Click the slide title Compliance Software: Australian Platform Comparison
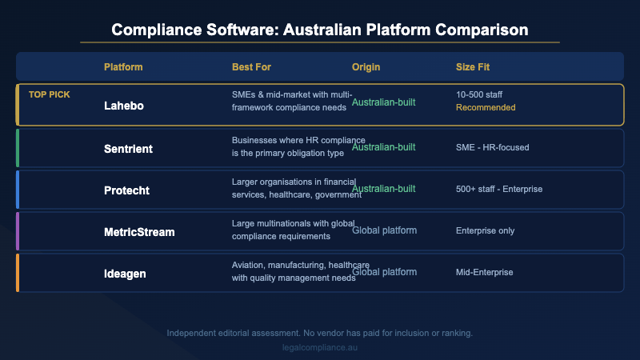click(320, 30)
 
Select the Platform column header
click(124, 66)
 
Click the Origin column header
click(367, 66)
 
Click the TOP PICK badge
click(50, 94)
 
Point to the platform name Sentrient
click(130, 150)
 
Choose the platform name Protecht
click(128, 190)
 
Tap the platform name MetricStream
click(139, 232)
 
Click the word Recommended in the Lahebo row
click(486, 107)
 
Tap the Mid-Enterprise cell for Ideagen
click(484, 272)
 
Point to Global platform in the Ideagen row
click(384, 272)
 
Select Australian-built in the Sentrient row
click(384, 148)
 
